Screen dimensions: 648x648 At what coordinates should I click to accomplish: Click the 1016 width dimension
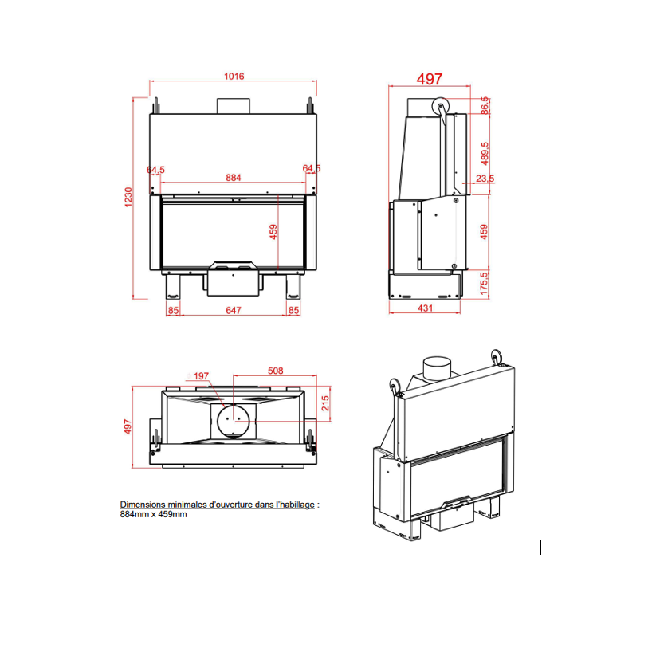234,77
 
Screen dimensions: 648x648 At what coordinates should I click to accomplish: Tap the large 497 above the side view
429,78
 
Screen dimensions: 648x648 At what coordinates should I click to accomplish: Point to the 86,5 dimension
485,105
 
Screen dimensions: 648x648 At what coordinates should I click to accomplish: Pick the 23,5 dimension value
485,179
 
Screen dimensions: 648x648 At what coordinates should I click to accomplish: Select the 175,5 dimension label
485,284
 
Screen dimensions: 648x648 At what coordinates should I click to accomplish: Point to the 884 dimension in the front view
233,178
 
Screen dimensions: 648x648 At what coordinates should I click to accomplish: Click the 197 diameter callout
201,375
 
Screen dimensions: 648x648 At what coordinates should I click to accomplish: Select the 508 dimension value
275,371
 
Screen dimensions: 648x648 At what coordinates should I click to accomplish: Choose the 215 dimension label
324,404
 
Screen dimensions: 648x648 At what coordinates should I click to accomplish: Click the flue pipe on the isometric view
436,369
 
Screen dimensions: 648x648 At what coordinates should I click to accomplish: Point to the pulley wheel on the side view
439,108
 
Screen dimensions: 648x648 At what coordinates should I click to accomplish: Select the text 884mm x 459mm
153,515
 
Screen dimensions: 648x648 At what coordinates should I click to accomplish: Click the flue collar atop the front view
234,106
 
